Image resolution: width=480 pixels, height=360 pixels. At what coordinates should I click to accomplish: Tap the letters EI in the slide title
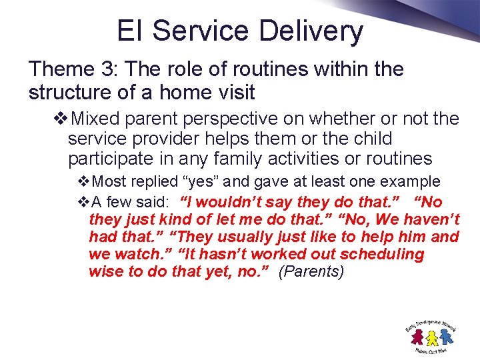click(130, 31)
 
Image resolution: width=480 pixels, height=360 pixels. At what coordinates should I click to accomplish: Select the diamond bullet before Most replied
click(84, 181)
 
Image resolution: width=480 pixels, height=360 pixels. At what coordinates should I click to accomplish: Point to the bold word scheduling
click(384, 255)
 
